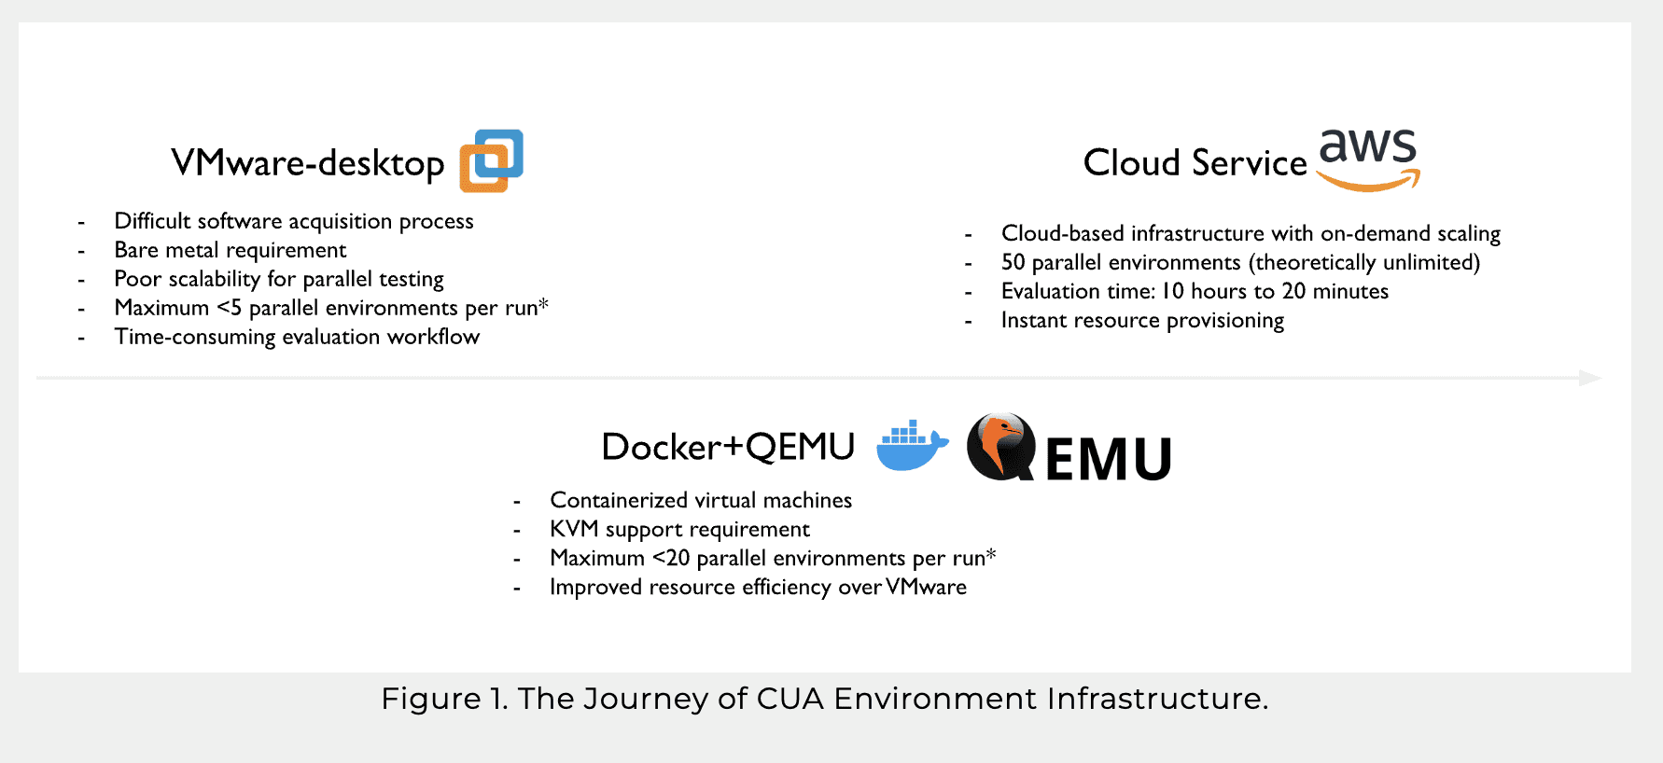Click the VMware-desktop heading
point(308,163)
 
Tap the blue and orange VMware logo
point(492,160)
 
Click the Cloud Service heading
point(1195,163)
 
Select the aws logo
point(1368,160)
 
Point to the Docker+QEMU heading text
point(728,447)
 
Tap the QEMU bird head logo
point(1001,447)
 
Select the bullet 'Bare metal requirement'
point(231,250)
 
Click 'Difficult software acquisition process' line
point(294,221)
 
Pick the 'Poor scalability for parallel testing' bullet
point(279,279)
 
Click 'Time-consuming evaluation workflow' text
point(297,337)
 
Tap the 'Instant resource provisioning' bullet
point(1142,320)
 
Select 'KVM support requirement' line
point(679,529)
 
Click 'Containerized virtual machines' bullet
point(701,500)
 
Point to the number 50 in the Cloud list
point(1013,262)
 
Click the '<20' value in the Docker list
point(671,558)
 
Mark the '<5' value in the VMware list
point(230,308)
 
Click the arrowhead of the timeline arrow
point(1590,378)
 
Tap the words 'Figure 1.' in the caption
point(445,699)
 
